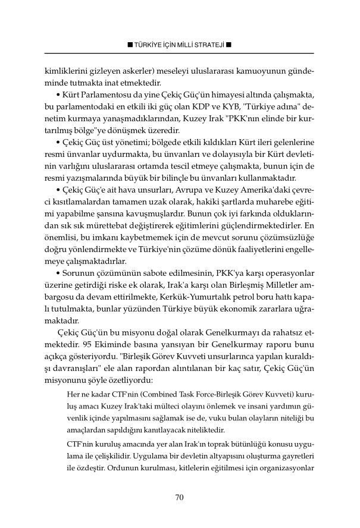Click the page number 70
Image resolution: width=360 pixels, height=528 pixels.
coord(180,498)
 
